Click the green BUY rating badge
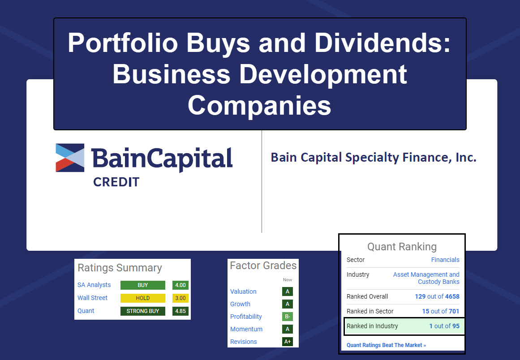[142, 285]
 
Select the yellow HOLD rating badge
[142, 298]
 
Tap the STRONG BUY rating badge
[142, 311]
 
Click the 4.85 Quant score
[180, 311]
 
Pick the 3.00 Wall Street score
[180, 298]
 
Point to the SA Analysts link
[94, 285]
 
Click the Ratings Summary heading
[120, 268]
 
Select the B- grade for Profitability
[287, 317]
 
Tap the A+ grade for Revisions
[287, 342]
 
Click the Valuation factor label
[243, 291]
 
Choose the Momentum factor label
[246, 329]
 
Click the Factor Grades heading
[263, 266]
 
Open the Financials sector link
[445, 260]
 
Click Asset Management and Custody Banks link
[426, 278]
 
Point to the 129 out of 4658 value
[437, 296]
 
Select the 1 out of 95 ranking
[444, 326]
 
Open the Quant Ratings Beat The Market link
[386, 345]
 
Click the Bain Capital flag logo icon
[70, 158]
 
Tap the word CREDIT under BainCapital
[116, 182]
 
